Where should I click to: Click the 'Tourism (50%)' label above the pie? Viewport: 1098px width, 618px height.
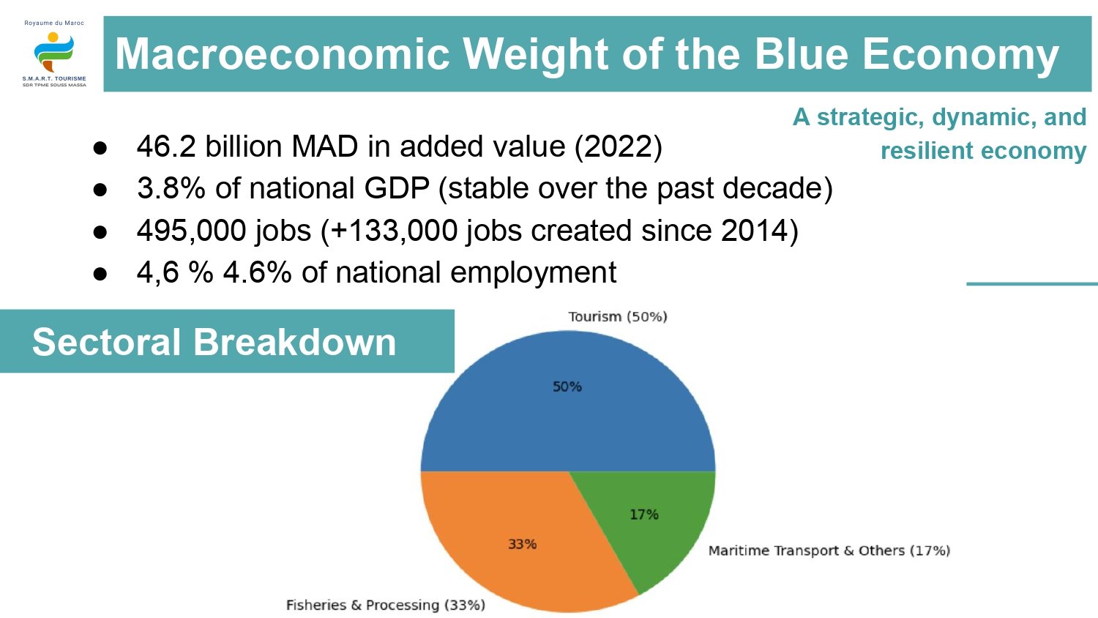[x=618, y=316]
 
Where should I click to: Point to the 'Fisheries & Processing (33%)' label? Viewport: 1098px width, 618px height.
[x=385, y=605]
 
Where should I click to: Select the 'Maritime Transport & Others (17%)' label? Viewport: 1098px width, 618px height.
[x=829, y=551]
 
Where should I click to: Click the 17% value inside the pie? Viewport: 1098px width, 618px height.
[x=644, y=515]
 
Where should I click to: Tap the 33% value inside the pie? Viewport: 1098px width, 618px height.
[x=523, y=544]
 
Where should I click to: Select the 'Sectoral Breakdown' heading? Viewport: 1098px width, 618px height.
[x=214, y=342]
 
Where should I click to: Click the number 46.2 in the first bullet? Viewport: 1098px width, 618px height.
[x=166, y=146]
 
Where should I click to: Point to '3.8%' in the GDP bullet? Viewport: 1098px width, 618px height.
[x=171, y=188]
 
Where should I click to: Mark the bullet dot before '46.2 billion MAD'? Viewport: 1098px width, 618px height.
[x=100, y=148]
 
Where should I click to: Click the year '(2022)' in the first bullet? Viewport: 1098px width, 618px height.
[x=618, y=146]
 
